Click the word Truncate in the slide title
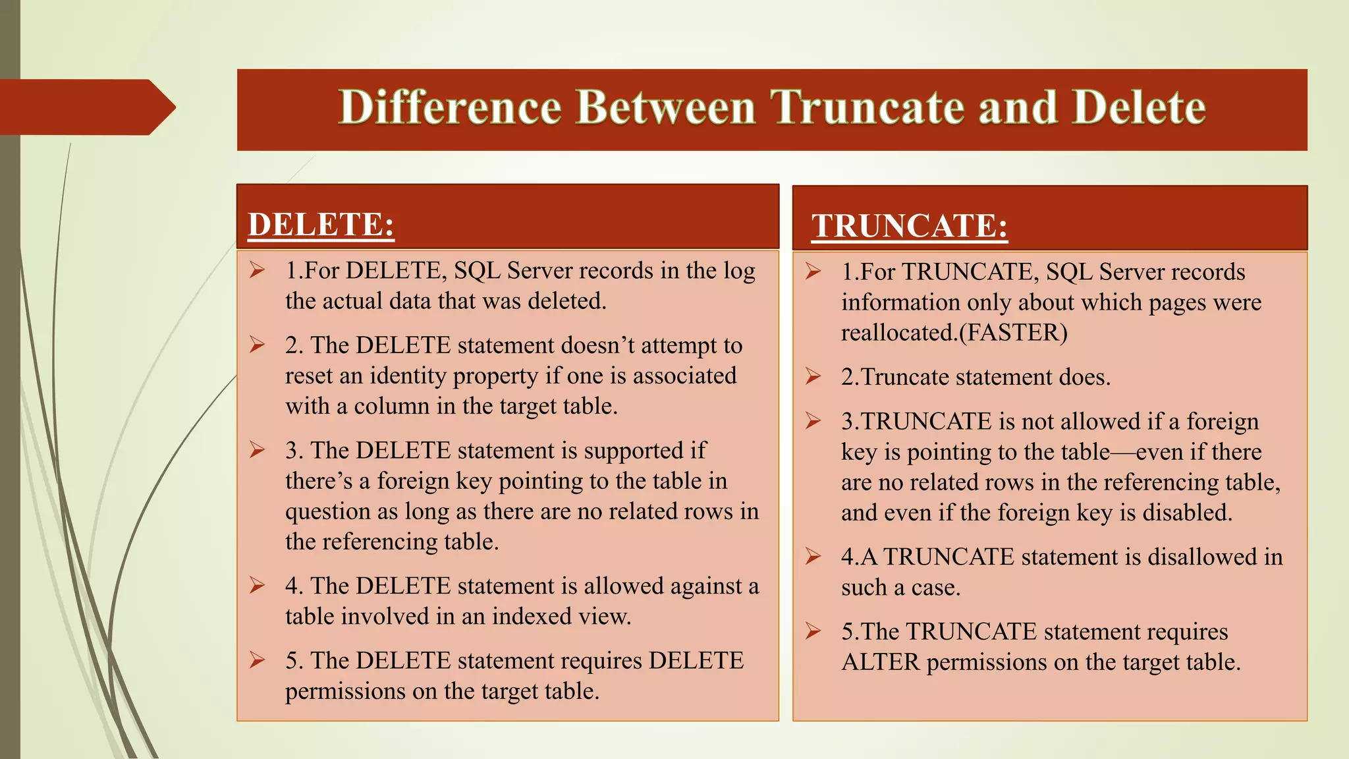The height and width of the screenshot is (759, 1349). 868,107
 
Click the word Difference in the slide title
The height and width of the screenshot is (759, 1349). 450,107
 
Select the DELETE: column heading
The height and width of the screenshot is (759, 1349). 321,225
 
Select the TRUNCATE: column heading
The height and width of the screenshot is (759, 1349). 909,226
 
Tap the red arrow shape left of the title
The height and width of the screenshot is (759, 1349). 86,107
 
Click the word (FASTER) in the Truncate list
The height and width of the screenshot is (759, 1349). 1013,332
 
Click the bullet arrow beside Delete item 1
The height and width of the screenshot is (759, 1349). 257,270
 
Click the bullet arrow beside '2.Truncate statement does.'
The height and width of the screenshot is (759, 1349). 813,376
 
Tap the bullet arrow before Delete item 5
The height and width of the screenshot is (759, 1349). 257,660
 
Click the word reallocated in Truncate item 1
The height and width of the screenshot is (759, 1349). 897,332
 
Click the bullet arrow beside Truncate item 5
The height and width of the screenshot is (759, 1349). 813,631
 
